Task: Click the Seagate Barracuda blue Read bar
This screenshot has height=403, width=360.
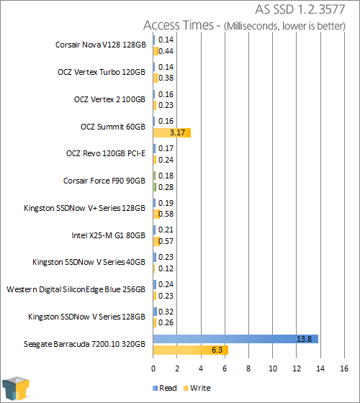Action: point(235,339)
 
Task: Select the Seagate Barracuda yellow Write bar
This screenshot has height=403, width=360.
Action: point(191,350)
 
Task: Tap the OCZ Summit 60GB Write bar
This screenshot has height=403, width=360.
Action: point(172,132)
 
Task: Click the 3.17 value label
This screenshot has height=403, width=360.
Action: point(177,132)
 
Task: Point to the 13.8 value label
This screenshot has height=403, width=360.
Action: point(304,339)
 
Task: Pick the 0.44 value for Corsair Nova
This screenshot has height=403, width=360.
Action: point(166,51)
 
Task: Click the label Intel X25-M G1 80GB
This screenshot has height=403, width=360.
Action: point(108,235)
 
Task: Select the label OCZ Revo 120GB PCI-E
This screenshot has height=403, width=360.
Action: point(106,153)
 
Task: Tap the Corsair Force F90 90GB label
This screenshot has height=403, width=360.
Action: point(104,181)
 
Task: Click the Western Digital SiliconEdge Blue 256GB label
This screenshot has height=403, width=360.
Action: point(76,289)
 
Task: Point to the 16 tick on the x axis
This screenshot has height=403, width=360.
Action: point(344,368)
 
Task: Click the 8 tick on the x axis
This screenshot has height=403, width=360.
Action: point(248,368)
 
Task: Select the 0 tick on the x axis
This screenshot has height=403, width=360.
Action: point(153,368)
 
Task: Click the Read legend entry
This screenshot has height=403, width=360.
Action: point(165,388)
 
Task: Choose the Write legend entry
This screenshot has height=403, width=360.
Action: point(197,388)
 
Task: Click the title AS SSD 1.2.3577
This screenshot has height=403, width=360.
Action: point(300,10)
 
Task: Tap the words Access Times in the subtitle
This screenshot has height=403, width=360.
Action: point(179,25)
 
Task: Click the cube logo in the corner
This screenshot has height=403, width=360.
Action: point(15,389)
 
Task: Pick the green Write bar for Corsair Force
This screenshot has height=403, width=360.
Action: point(155,187)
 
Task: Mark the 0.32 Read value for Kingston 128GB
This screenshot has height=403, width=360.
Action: point(166,312)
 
